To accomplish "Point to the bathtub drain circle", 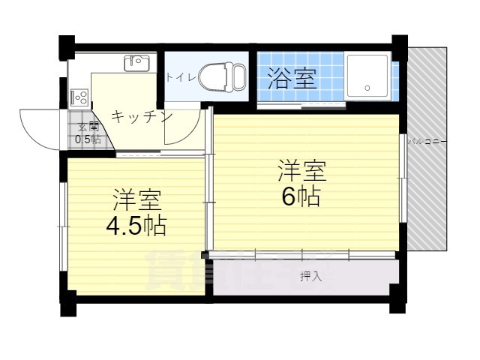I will click(x=367, y=88).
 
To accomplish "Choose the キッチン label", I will click(x=142, y=117).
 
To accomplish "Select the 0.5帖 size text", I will click(x=88, y=139).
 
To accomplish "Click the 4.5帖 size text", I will click(x=136, y=226).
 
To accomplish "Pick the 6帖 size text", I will click(x=302, y=196).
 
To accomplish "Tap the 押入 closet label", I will click(x=310, y=277).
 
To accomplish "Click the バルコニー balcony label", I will click(x=427, y=140).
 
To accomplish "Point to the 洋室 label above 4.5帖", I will click(x=137, y=201).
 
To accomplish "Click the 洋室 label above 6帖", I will click(x=303, y=170).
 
